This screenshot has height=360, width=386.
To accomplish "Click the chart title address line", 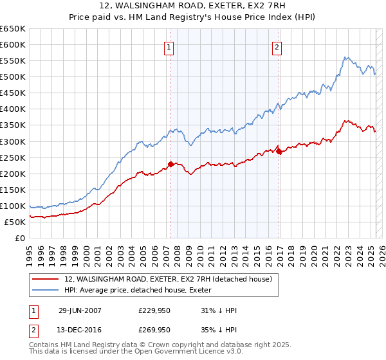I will tap(193, 7).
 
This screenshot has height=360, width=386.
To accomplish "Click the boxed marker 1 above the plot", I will tap(169, 46).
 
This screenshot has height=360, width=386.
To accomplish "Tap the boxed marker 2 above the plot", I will tap(277, 46).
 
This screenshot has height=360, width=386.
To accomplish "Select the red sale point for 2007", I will tap(170, 164).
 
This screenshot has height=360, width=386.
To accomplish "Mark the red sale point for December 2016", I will tap(279, 151).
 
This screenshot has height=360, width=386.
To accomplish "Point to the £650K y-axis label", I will tap(13, 29).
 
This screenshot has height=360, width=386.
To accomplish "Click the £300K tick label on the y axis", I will tap(13, 141).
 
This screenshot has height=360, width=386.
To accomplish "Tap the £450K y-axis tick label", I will tap(13, 93).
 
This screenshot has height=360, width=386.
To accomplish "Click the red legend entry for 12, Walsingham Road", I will tap(169, 278).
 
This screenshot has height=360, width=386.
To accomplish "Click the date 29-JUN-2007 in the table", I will tap(80, 310).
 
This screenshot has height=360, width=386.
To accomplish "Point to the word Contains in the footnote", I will tap(44, 345).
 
